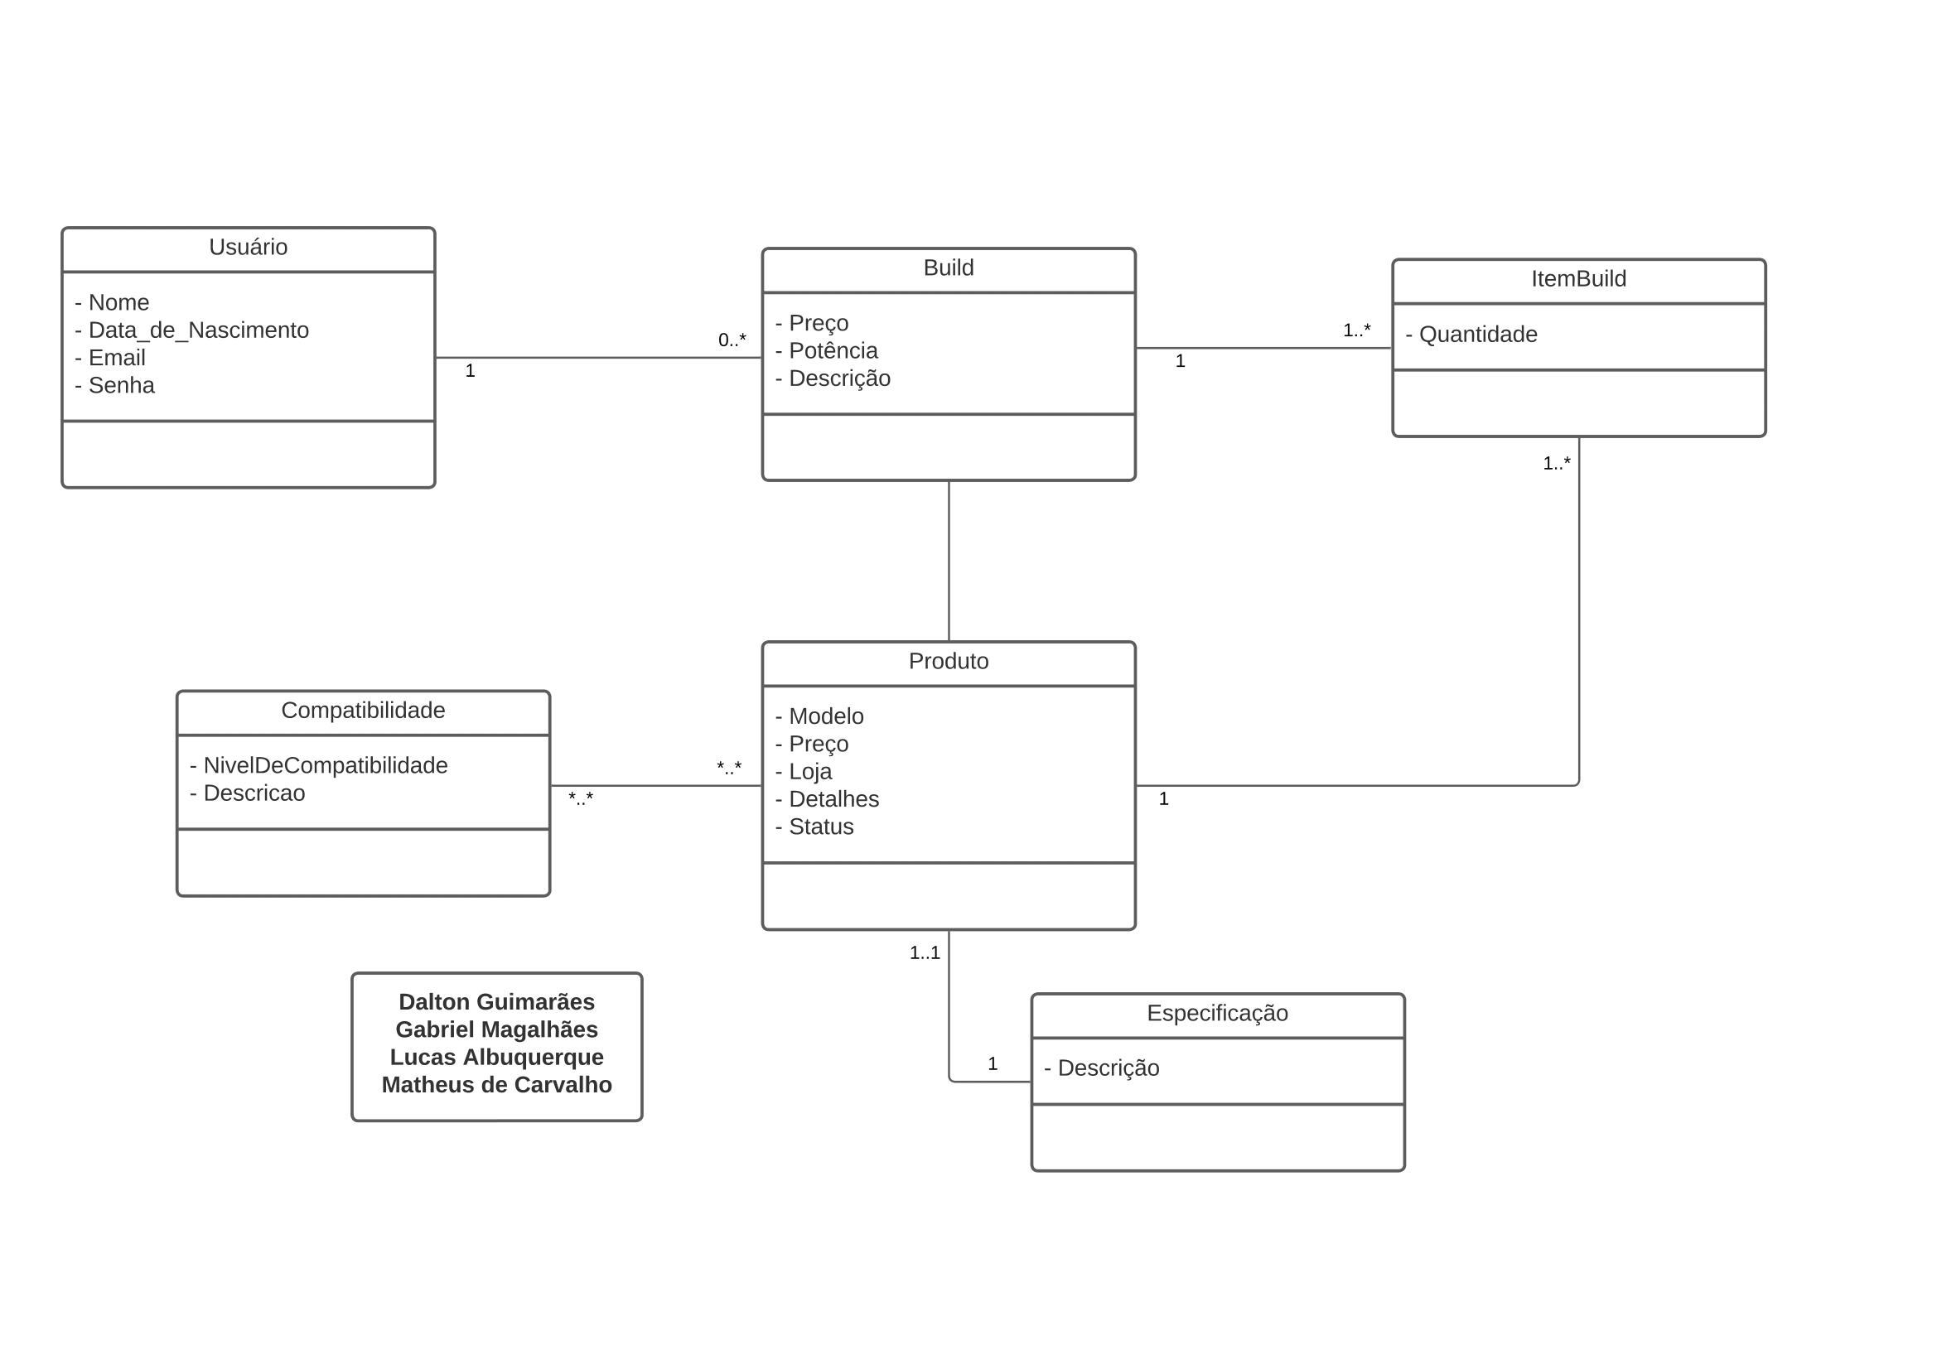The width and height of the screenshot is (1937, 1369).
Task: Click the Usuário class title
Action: coord(248,247)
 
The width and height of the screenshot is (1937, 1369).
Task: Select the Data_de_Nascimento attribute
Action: coord(191,330)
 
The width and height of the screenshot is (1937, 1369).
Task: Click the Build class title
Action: coord(949,268)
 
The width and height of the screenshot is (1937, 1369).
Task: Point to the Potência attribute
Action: coord(826,350)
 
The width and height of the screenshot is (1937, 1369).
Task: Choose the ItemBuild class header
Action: coord(1578,278)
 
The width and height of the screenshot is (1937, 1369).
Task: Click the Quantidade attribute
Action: coord(1471,335)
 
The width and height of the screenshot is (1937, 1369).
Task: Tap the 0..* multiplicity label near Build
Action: coord(732,340)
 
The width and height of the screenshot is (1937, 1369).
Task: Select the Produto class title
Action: coord(949,660)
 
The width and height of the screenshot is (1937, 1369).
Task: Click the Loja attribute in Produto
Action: coord(803,772)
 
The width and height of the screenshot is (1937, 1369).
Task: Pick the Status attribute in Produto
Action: coord(814,827)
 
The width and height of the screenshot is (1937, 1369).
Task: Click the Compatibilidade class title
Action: coord(363,711)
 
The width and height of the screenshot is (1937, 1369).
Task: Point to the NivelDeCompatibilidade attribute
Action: coord(319,765)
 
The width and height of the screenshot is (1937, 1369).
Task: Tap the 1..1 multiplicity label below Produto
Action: coord(925,953)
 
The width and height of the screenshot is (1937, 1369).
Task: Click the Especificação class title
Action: coord(1217,1013)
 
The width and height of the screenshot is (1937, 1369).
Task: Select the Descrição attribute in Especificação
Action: coord(1102,1068)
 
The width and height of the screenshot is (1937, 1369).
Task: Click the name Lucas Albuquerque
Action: coord(497,1058)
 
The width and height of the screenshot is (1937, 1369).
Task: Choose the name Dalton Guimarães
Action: coord(497,1002)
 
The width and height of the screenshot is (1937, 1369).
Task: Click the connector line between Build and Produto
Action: coord(949,561)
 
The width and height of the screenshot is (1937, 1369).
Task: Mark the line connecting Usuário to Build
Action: coord(599,358)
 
